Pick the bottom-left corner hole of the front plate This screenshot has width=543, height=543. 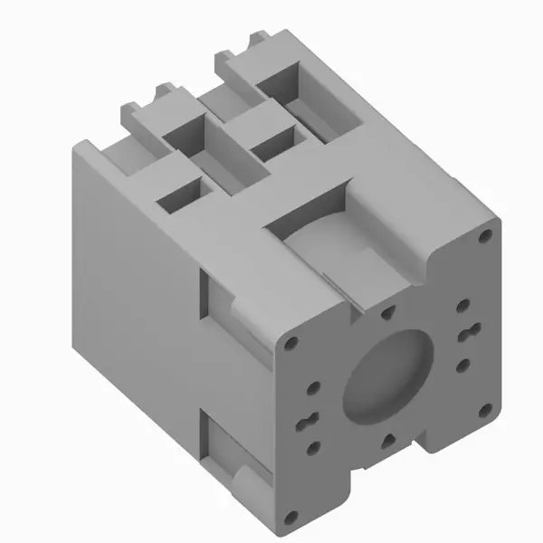click(290, 518)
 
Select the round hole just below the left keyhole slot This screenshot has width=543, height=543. click(313, 446)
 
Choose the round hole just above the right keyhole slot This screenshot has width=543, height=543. click(463, 306)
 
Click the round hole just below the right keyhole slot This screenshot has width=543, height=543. click(462, 365)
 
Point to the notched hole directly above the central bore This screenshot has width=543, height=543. click(387, 313)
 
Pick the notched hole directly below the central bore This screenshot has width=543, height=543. click(387, 440)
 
